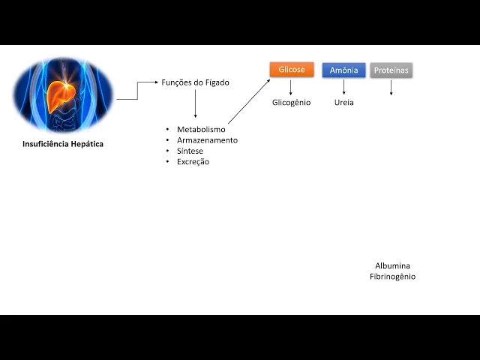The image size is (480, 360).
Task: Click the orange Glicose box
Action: (x=292, y=70)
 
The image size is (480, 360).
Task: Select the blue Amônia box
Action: (x=343, y=70)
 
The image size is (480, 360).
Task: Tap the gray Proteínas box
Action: (x=391, y=70)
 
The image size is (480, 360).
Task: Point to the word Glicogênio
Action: (x=291, y=102)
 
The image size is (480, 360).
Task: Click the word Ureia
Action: (x=343, y=102)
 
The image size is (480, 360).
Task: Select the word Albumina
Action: (x=392, y=265)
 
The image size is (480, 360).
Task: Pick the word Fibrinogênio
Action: (x=392, y=277)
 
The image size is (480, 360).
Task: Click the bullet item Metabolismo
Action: (x=201, y=130)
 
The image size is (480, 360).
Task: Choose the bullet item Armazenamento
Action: (x=207, y=140)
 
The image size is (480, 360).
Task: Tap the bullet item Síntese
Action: (x=190, y=151)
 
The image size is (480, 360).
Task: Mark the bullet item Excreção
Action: (x=193, y=161)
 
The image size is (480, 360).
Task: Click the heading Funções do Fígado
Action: (x=195, y=82)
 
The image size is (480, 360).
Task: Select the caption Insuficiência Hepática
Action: (x=63, y=144)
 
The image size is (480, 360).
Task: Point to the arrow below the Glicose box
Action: (x=291, y=87)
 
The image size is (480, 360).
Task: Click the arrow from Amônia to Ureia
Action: (x=343, y=87)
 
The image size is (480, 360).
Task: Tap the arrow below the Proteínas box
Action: (x=391, y=87)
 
